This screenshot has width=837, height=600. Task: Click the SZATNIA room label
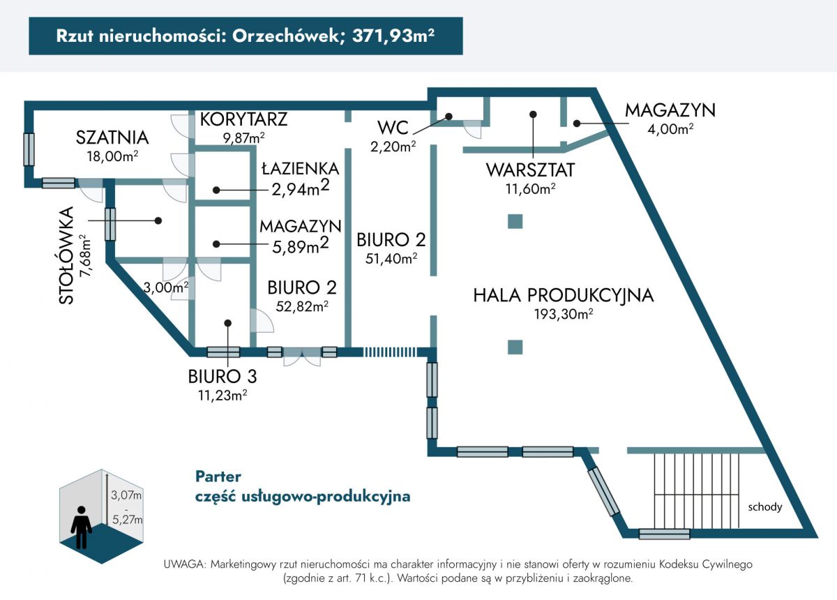click(x=112, y=137)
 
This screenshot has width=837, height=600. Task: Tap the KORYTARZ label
click(x=243, y=119)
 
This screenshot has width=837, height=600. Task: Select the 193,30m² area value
click(x=564, y=314)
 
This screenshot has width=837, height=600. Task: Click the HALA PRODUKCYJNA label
click(x=564, y=295)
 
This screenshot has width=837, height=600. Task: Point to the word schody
click(x=765, y=507)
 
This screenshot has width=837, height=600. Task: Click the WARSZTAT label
click(x=530, y=170)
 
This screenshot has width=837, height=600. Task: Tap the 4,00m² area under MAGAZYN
click(x=670, y=129)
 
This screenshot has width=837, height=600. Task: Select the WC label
click(x=393, y=128)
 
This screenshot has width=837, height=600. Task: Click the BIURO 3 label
click(x=223, y=377)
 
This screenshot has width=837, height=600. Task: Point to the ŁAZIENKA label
click(x=300, y=169)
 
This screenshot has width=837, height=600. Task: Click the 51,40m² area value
click(x=391, y=258)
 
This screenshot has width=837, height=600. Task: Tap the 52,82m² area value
click(x=302, y=306)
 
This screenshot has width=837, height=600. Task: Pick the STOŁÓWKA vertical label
click(x=66, y=256)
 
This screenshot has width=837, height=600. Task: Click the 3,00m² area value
click(x=166, y=287)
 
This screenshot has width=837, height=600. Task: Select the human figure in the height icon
click(x=82, y=527)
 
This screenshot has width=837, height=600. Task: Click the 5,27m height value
click(x=127, y=520)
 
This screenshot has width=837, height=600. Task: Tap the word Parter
click(x=218, y=477)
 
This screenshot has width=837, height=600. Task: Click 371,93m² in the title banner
click(x=393, y=36)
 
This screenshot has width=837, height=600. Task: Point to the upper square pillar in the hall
click(x=515, y=221)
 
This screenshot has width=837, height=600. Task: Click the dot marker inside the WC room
click(x=449, y=117)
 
